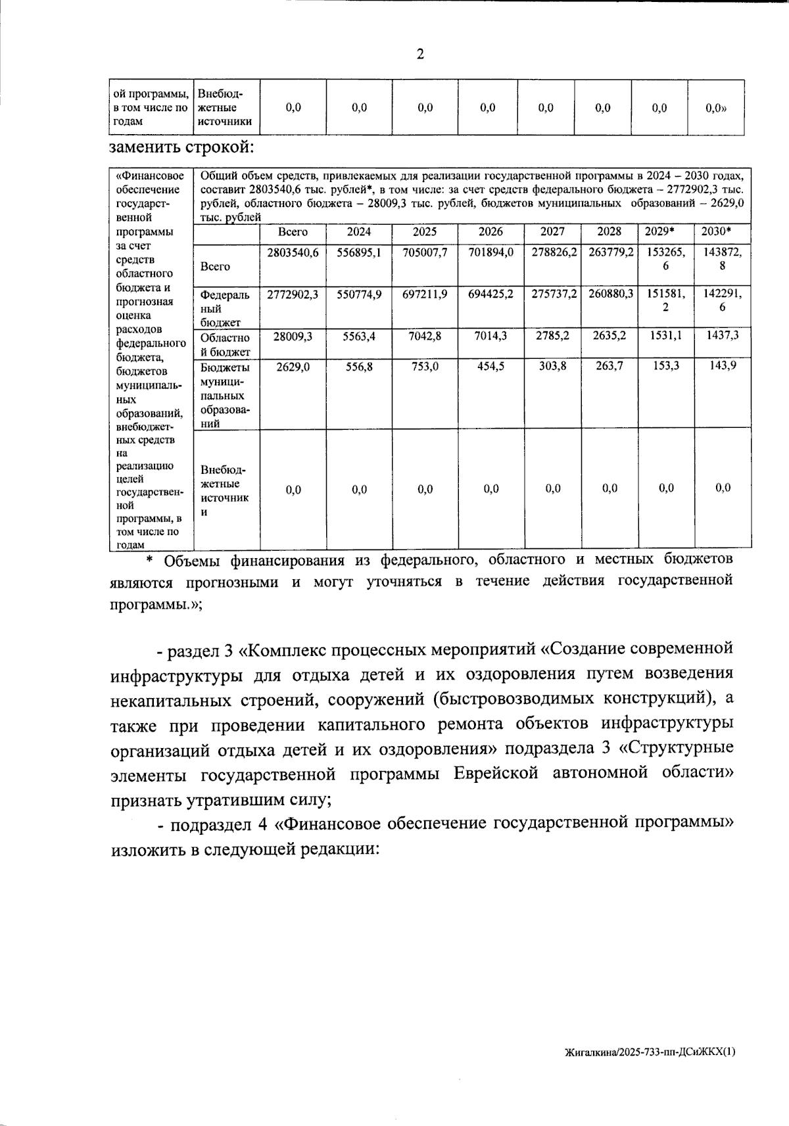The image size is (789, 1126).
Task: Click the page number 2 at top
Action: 420,55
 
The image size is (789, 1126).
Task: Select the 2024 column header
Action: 359,232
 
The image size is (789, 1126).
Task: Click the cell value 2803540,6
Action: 293,252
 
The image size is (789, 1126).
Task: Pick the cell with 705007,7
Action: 425,252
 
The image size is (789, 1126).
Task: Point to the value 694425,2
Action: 490,294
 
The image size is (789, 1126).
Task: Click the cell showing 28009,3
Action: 293,335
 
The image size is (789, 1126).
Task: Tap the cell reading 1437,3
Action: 723,335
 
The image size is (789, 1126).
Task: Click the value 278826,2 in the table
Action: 553,252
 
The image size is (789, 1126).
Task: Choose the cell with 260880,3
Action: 610,294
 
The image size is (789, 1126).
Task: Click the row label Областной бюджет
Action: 225,344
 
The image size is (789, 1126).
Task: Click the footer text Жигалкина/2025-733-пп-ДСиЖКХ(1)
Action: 650,1052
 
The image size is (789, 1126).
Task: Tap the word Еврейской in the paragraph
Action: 496,774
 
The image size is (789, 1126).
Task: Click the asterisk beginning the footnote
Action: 149,560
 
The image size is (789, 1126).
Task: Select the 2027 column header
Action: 552,232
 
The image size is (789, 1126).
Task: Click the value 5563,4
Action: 359,335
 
